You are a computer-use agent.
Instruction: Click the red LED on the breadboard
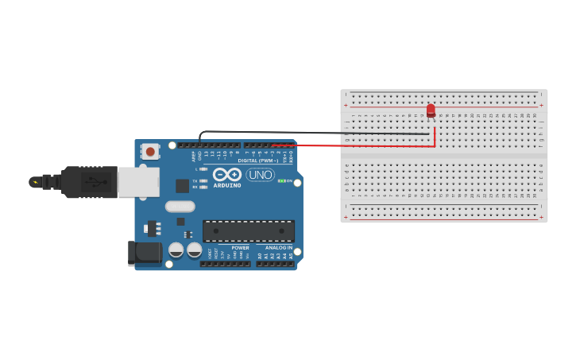(x=431, y=110)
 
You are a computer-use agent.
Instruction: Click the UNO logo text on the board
(x=260, y=175)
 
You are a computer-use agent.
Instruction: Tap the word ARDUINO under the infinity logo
(x=226, y=186)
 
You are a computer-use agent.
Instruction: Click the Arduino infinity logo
(x=226, y=174)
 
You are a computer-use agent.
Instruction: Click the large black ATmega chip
(x=249, y=231)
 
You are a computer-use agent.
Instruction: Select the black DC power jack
(x=145, y=254)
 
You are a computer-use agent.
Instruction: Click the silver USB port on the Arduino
(x=138, y=182)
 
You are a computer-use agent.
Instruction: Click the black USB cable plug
(x=90, y=182)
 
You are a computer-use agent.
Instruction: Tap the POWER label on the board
(x=240, y=248)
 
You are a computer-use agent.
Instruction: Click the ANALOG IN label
(x=278, y=248)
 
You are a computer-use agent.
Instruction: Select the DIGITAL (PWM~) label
(x=257, y=161)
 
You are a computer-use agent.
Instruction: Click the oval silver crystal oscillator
(x=180, y=207)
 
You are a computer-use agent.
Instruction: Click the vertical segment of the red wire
(x=435, y=137)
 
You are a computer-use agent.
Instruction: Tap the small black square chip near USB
(x=183, y=186)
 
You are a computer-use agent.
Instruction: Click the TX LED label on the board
(x=195, y=180)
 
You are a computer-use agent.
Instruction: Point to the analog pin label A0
(x=260, y=256)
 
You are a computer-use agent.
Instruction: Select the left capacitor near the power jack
(x=176, y=250)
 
